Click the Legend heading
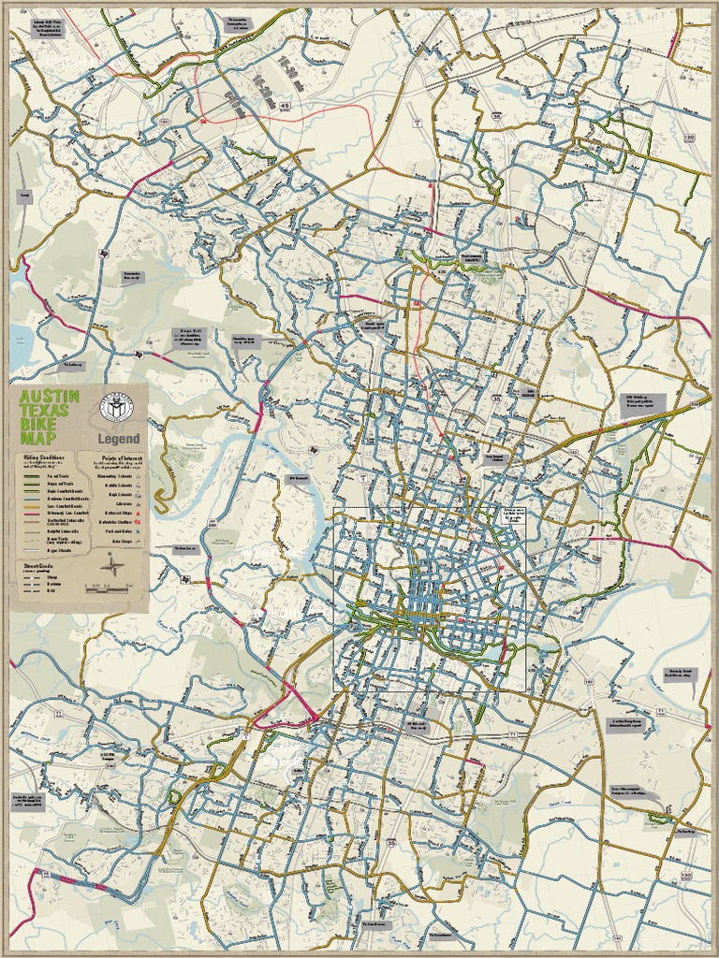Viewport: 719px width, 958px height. [x=118, y=439]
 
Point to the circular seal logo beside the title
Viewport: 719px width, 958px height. [x=116, y=406]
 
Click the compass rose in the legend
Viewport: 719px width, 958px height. [x=113, y=566]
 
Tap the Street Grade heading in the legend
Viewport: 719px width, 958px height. [x=38, y=565]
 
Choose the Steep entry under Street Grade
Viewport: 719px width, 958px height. [x=51, y=576]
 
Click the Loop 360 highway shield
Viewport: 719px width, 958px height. [x=213, y=521]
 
